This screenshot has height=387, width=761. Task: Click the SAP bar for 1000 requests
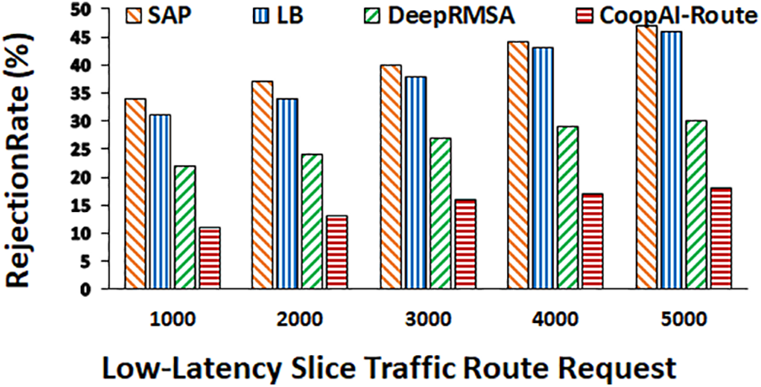click(x=135, y=193)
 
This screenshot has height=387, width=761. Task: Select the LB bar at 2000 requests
click(x=287, y=193)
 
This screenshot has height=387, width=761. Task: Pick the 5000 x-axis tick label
click(x=684, y=320)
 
